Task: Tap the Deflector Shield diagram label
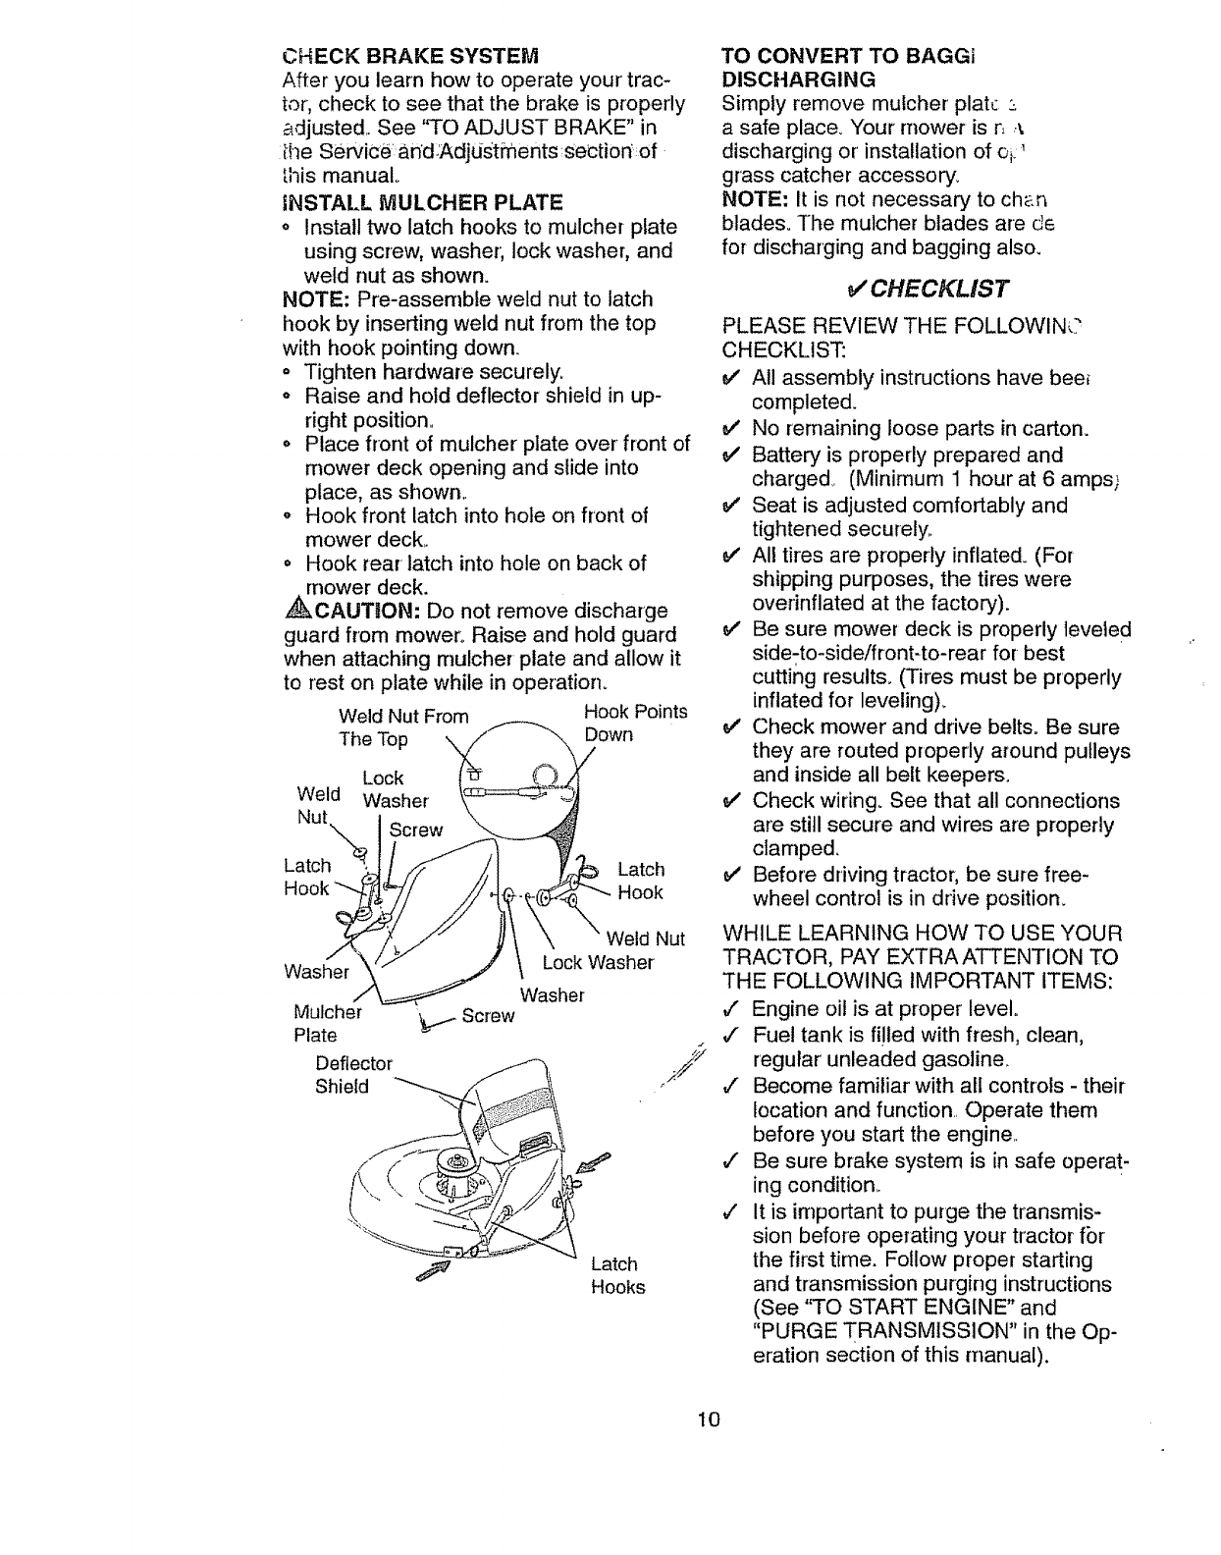pos(353,1074)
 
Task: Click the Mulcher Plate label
pos(328,1023)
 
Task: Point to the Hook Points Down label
pos(635,723)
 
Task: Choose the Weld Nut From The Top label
pos(403,726)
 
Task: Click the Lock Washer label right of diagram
pos(598,962)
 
